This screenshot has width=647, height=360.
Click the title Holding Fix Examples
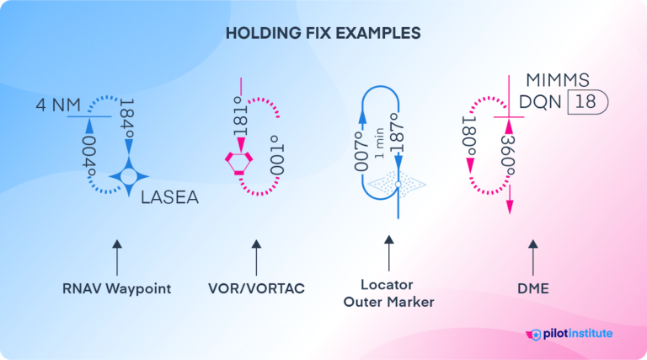click(x=323, y=35)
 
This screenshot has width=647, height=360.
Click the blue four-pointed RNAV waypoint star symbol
click(x=129, y=176)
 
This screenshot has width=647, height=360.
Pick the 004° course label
click(x=87, y=154)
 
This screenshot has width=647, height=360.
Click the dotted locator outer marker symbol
click(x=397, y=183)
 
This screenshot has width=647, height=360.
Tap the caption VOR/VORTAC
click(x=255, y=288)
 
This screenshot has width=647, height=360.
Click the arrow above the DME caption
click(x=532, y=255)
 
